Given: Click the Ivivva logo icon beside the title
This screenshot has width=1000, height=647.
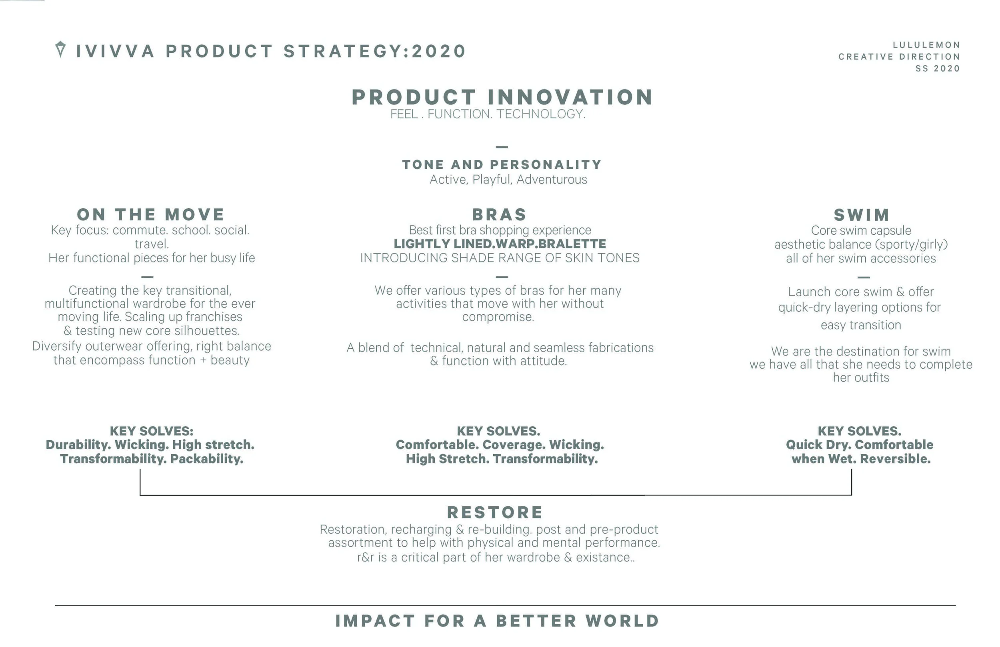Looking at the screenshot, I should point(60,49).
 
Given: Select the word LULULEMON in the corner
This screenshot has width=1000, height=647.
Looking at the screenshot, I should point(926,45).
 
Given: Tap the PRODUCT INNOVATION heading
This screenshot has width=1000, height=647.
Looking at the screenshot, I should point(502,97).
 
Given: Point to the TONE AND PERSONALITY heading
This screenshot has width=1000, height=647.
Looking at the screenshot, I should point(502,164).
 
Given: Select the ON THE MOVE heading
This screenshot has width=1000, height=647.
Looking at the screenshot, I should point(150,215).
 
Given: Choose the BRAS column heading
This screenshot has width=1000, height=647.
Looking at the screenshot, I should point(499,215).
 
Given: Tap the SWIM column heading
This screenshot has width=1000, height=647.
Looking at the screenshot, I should point(861,215).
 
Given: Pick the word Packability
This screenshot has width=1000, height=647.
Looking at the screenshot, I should point(207,459).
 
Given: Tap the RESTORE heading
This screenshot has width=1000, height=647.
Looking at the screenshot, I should point(495,513).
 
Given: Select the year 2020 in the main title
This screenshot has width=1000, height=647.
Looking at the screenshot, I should point(439,51).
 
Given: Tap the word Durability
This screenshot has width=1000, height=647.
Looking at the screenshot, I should point(78,445).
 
